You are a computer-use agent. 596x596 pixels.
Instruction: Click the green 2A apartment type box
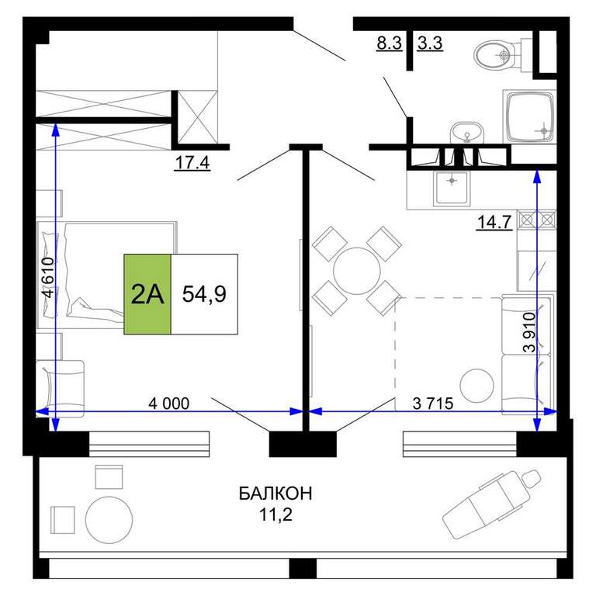[x=147, y=294]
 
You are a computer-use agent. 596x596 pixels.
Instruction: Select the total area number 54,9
[x=204, y=294]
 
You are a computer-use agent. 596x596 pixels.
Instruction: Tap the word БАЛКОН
[x=275, y=494]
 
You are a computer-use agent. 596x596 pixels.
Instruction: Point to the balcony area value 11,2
[x=275, y=515]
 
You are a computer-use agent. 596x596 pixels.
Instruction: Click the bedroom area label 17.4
[x=192, y=163]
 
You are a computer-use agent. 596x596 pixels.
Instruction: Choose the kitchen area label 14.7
[x=494, y=223]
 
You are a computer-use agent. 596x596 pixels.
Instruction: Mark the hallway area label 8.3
[x=390, y=43]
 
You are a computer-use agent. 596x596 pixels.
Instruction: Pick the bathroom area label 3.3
[x=430, y=43]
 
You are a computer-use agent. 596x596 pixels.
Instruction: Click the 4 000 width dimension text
[x=168, y=404]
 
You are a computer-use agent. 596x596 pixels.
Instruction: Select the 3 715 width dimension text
[x=433, y=404]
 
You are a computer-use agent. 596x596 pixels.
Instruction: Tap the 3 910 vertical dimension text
[x=529, y=332]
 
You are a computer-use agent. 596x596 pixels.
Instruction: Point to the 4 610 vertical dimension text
[x=49, y=278]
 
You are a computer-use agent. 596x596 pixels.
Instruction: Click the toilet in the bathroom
[x=499, y=54]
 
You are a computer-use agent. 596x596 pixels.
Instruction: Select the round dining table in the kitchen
[x=357, y=271]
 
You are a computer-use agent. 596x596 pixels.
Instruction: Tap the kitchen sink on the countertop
[x=452, y=188]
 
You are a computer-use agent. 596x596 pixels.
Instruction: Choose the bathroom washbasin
[x=466, y=132]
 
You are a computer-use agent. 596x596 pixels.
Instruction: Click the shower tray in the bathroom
[x=529, y=116]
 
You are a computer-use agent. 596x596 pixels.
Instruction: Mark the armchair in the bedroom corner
[x=60, y=388]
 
